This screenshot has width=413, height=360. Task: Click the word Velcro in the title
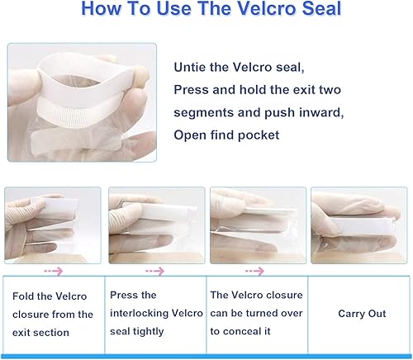267,8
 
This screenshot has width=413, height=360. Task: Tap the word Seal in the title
321,8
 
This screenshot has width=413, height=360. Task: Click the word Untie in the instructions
189,67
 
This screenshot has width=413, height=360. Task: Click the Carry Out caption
362,314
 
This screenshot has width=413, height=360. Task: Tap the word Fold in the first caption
22,296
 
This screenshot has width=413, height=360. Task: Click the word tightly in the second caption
149,332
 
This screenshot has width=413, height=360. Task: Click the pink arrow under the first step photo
54,272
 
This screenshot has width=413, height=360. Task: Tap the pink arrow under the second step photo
155,272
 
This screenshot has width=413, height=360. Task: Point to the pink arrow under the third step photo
254,272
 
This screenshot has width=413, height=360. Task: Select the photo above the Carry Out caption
359,225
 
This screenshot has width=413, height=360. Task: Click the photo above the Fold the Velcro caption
53,225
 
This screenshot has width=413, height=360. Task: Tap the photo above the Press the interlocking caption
157,225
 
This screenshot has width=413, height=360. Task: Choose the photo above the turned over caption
258,225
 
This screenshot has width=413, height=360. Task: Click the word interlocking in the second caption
139,313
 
